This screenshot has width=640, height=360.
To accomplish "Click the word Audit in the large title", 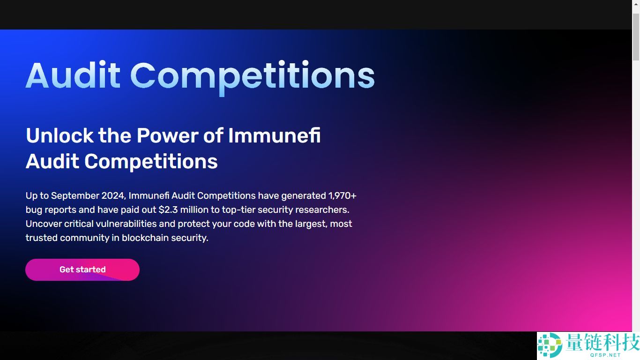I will tap(73, 75).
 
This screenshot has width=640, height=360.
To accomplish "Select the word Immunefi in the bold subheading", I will tap(274, 135).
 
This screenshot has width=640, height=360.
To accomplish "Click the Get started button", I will tap(82, 270).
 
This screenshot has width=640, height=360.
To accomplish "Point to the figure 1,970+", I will tap(342, 196).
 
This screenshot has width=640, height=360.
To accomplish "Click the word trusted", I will tap(40, 238).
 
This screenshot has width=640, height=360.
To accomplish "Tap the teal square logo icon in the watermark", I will tap(550, 345).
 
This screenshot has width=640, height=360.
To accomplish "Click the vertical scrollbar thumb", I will tap(636, 37).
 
